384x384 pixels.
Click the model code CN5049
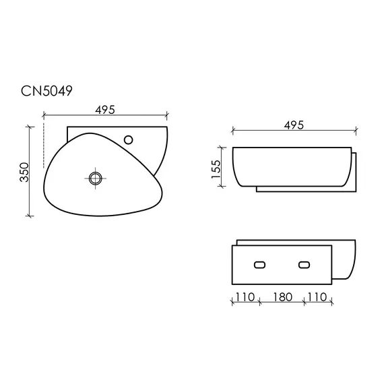(x=46, y=91)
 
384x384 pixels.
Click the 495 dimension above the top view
(x=105, y=110)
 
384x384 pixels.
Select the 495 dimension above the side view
(x=294, y=125)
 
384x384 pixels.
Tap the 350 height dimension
(x=24, y=172)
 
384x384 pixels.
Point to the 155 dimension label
(x=216, y=169)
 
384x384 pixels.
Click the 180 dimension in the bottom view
(x=283, y=297)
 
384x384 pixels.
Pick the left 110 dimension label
(x=245, y=297)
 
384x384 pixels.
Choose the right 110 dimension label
(x=317, y=297)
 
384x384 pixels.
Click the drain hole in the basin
(x=95, y=178)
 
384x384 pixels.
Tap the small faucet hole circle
(x=128, y=140)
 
